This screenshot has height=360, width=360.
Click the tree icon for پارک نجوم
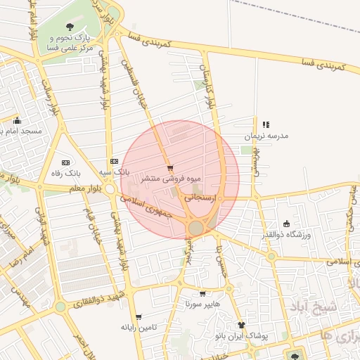(x=69, y=26)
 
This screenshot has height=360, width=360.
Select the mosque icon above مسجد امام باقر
(x=17, y=120)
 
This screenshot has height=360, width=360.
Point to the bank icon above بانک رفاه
(x=67, y=162)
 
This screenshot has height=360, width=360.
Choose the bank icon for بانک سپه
(x=114, y=161)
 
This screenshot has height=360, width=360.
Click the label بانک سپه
(x=114, y=172)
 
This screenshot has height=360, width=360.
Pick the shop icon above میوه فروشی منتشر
(x=170, y=168)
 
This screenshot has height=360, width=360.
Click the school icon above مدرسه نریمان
(x=266, y=124)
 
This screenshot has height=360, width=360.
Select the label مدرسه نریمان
(x=266, y=136)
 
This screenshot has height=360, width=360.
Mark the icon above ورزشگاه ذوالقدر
(x=286, y=223)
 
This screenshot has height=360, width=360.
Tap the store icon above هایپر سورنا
(x=203, y=294)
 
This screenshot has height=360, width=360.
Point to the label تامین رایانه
(x=138, y=327)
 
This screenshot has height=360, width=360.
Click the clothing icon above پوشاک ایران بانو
(x=242, y=325)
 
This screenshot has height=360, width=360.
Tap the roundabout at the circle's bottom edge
(x=196, y=228)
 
